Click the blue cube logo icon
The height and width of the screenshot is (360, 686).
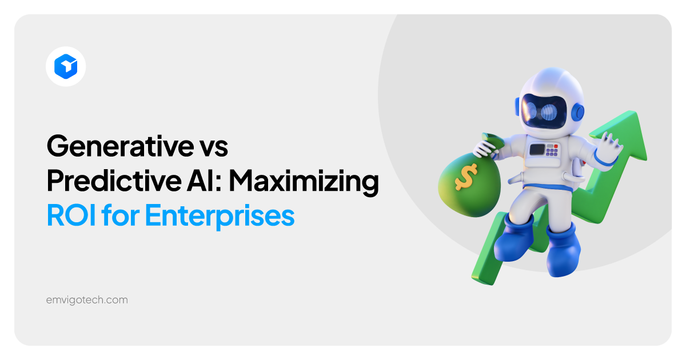(66, 66)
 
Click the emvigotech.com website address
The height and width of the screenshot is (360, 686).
(87, 299)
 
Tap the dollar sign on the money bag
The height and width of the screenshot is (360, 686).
(464, 179)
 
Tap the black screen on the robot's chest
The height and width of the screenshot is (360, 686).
(537, 150)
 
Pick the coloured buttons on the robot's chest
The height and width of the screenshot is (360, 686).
(552, 150)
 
